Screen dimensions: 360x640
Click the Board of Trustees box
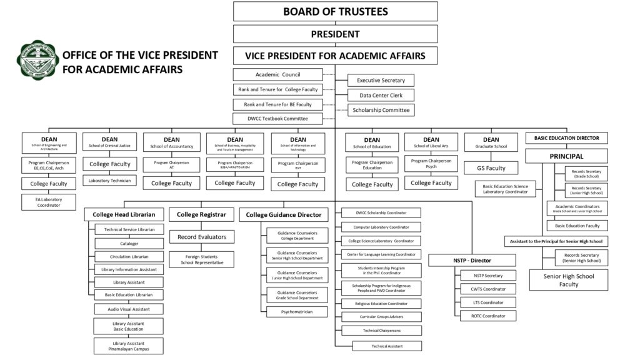pyautogui.click(x=335, y=11)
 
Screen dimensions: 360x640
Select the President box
pyautogui.click(x=335, y=34)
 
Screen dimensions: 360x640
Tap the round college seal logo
pyautogui.click(x=37, y=61)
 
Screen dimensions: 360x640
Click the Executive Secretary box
pyautogui.click(x=381, y=80)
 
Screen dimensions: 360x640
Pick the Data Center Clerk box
pyautogui.click(x=381, y=95)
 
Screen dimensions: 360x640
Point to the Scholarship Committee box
pyautogui.click(x=381, y=110)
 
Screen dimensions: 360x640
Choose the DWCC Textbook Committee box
pyautogui.click(x=278, y=118)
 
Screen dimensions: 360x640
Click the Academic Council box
pyautogui.click(x=278, y=74)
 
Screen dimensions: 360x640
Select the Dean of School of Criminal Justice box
pyautogui.click(x=109, y=142)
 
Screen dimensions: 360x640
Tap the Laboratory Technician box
pyautogui.click(x=109, y=180)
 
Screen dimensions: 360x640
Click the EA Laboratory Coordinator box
pyautogui.click(x=48, y=202)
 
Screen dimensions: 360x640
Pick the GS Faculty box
pyautogui.click(x=491, y=167)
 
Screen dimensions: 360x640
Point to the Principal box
pyautogui.click(x=566, y=156)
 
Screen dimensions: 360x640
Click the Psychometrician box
pyautogui.click(x=296, y=311)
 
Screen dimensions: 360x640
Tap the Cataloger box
pyautogui.click(x=129, y=243)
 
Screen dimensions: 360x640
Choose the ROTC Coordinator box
pyautogui.click(x=488, y=316)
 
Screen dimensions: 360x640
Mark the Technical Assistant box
pyautogui.click(x=387, y=346)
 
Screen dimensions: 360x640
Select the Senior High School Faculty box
pyautogui.click(x=568, y=280)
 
